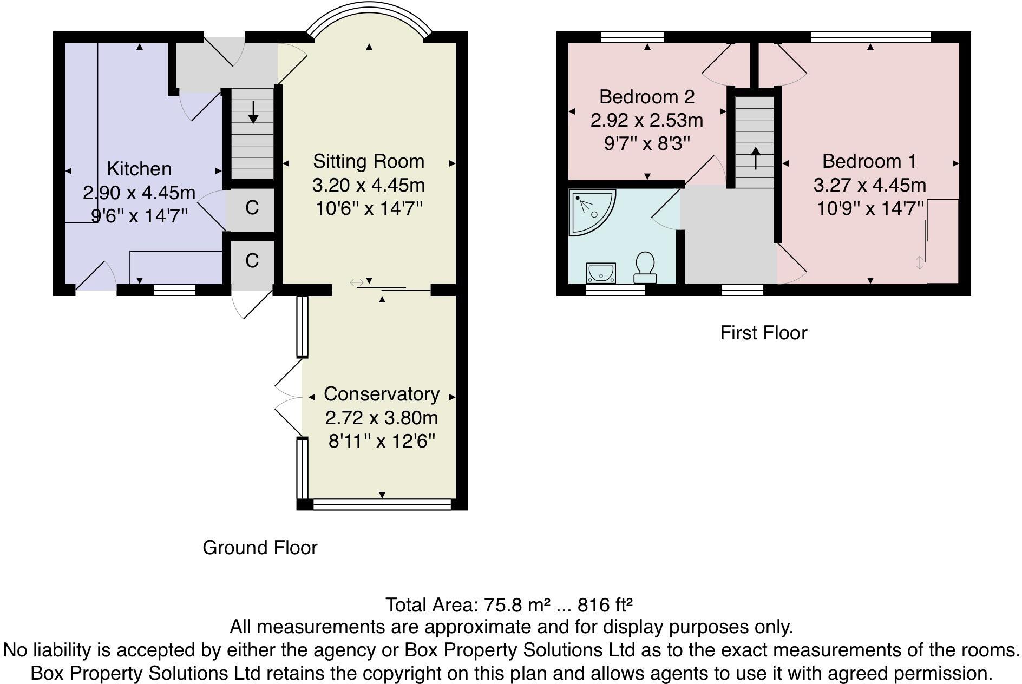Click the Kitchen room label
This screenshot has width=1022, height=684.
tap(139, 169)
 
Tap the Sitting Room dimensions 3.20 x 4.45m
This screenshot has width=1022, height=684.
tap(369, 185)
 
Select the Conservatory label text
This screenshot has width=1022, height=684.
tap(381, 394)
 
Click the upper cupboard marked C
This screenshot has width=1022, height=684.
tap(252, 208)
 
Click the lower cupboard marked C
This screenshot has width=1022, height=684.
tap(252, 261)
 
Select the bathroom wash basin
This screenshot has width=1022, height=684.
tap(601, 273)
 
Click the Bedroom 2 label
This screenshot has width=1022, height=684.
tap(646, 97)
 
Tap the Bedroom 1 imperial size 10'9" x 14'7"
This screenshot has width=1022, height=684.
tap(869, 208)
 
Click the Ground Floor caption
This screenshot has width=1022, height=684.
tap(260, 548)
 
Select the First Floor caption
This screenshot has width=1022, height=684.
tap(763, 333)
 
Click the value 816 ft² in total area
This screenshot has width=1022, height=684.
tap(605, 604)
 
